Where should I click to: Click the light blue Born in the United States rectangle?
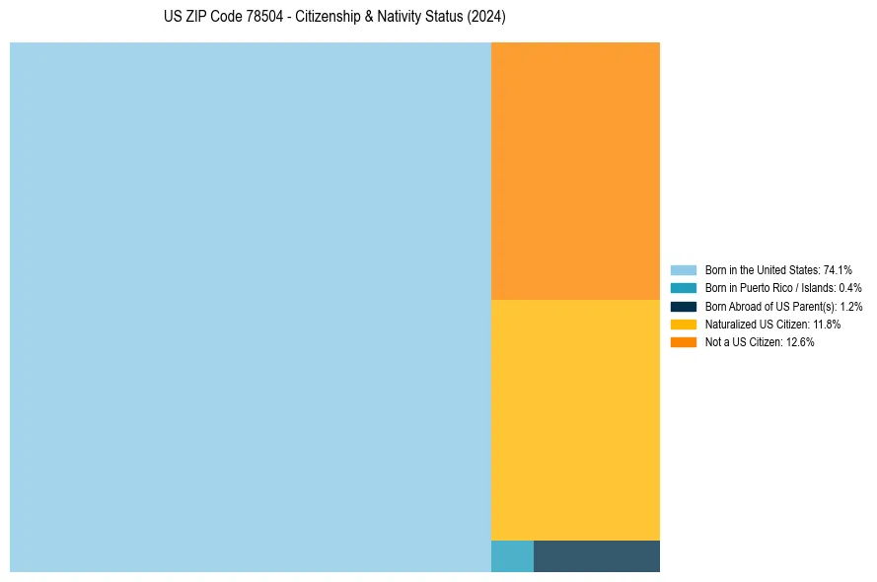[251, 307]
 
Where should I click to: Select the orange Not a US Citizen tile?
[575, 171]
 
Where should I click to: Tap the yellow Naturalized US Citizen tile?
[575, 419]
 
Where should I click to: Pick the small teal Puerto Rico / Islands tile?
[512, 556]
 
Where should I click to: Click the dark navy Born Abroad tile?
[597, 556]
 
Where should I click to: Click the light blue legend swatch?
[684, 269]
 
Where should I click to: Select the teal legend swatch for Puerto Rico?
[684, 288]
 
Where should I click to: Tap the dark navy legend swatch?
[684, 306]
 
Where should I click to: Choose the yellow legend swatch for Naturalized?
[684, 324]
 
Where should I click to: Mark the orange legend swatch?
[684, 342]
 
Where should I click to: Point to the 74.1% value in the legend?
[838, 269]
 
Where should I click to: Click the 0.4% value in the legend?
[850, 288]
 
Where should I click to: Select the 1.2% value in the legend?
[850, 306]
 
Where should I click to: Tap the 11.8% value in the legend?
[827, 325]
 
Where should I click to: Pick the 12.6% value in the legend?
[800, 342]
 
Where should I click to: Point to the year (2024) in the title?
[486, 18]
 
